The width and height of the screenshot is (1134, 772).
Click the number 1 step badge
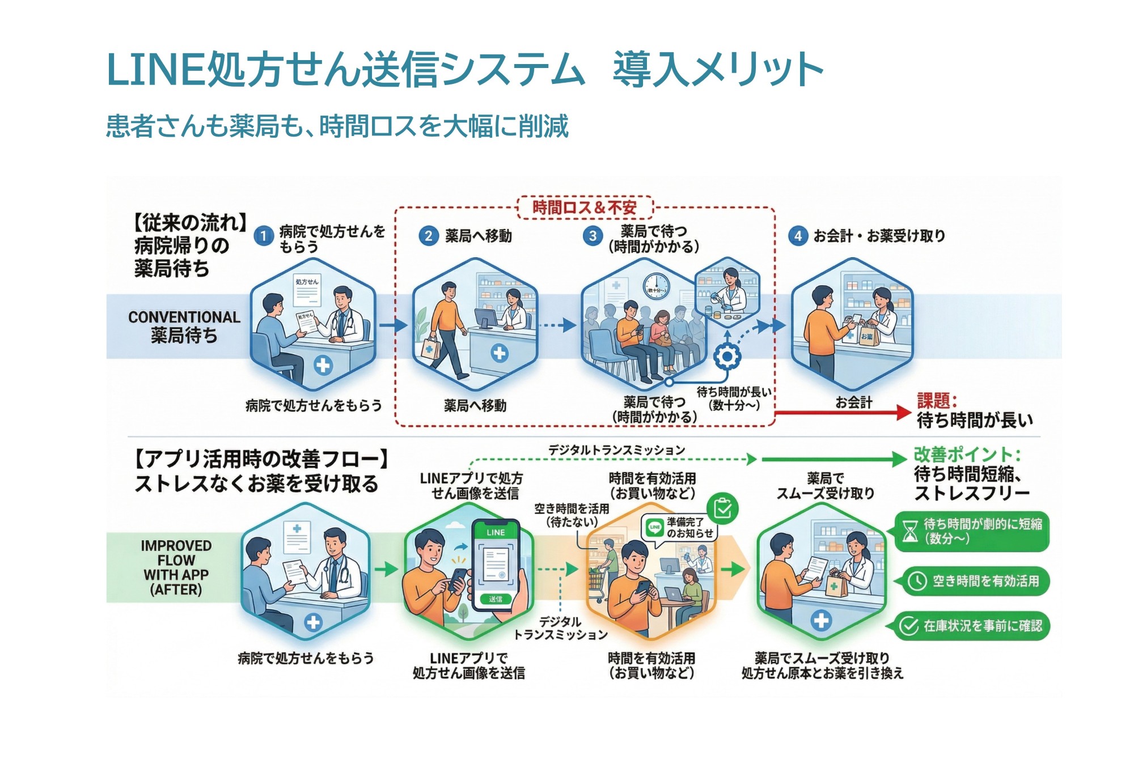[263, 236]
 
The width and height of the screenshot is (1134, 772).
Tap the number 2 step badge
[429, 236]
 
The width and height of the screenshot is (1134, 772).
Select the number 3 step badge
[593, 236]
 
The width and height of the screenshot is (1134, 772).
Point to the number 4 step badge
[798, 236]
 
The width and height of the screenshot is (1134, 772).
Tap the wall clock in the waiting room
[656, 287]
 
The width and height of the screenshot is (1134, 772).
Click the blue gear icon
[726, 357]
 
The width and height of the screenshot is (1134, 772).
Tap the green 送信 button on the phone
[495, 599]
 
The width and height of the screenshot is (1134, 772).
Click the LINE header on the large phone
[496, 532]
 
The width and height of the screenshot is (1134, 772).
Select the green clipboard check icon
[722, 508]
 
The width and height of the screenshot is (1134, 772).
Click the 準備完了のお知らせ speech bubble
[679, 528]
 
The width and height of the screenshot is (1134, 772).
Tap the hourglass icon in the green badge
[909, 532]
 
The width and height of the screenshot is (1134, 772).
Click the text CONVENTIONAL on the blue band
[184, 317]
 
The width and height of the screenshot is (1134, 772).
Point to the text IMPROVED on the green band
[176, 546]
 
